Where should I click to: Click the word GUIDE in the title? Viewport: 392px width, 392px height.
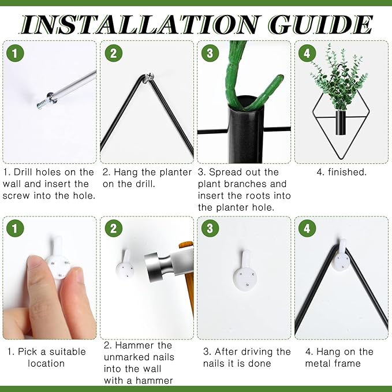tap(320, 24)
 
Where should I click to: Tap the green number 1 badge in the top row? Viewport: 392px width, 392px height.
tap(15, 53)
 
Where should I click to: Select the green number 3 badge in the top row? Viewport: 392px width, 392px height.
tap(210, 53)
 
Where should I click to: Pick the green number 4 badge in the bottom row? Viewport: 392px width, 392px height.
tap(307, 228)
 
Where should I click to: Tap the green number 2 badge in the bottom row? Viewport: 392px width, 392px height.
tap(114, 228)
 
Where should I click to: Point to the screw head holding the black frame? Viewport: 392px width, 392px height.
tap(150, 76)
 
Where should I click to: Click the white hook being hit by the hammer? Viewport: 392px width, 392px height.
tap(125, 266)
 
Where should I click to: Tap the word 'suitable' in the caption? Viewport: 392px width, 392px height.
tap(68, 352)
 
